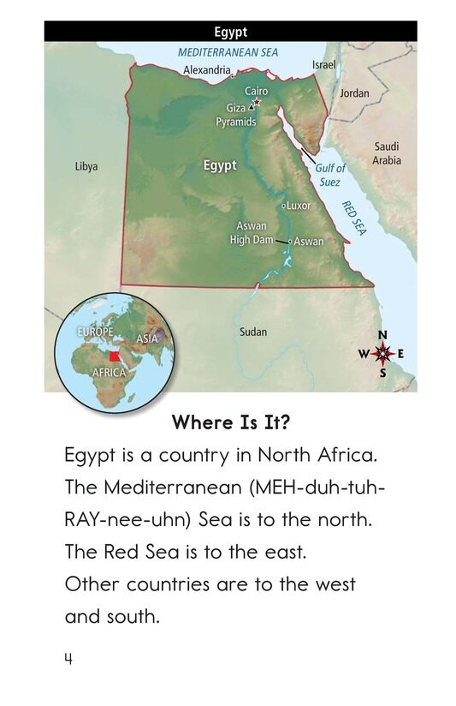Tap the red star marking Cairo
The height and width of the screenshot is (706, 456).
(x=256, y=103)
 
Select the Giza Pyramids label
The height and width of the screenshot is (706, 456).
(x=235, y=116)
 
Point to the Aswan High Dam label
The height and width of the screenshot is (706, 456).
(x=252, y=233)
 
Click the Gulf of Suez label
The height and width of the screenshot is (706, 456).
(x=330, y=175)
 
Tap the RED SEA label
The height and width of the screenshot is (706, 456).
(x=352, y=219)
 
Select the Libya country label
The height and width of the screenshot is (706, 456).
(x=86, y=166)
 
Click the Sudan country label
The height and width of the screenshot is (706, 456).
(x=253, y=332)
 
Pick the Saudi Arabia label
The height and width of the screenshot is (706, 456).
(x=387, y=154)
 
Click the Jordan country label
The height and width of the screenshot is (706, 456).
(x=354, y=93)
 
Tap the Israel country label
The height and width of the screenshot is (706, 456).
(x=324, y=65)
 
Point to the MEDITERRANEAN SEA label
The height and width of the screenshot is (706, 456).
(x=228, y=52)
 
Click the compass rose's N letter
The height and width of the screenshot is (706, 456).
(x=382, y=334)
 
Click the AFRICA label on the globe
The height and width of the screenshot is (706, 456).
(x=110, y=373)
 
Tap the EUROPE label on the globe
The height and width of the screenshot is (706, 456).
(x=95, y=332)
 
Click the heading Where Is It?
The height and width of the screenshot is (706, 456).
(x=228, y=422)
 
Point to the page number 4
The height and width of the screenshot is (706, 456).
(x=67, y=658)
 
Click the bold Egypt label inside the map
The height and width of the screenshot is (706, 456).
(x=220, y=165)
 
